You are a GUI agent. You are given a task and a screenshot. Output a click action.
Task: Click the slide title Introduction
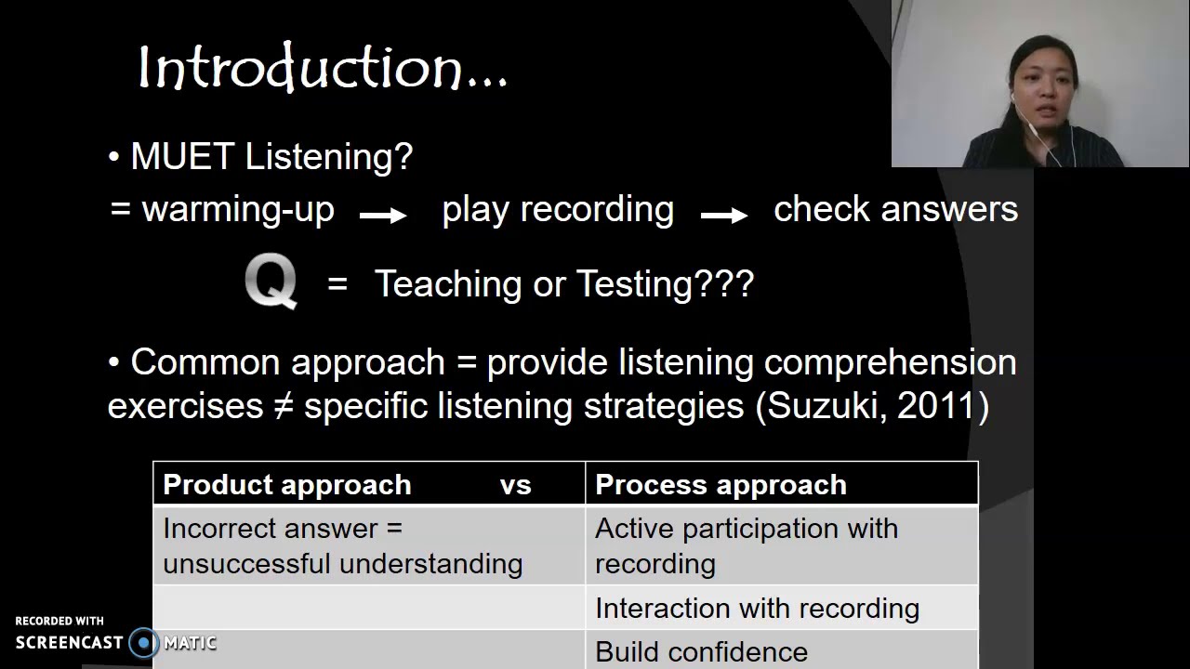[x=322, y=69]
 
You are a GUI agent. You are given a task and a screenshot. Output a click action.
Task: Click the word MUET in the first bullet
[x=182, y=156]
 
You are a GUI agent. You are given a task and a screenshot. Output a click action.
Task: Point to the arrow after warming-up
[x=383, y=216]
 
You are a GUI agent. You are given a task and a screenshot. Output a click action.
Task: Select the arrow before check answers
[x=724, y=216]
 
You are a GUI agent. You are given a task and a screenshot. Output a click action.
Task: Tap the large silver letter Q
[x=271, y=282]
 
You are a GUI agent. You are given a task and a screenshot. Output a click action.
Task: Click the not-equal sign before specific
[x=284, y=407]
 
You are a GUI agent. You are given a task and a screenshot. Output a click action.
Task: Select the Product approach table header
[x=286, y=484]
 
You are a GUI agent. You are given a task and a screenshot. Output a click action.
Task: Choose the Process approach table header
[x=721, y=484]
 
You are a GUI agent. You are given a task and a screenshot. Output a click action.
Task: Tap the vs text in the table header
[x=515, y=484]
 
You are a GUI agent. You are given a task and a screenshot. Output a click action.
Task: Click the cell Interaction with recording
[x=757, y=608]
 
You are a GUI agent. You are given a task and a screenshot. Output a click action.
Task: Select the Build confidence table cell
[x=701, y=651]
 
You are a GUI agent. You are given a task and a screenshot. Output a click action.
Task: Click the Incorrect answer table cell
[x=342, y=545]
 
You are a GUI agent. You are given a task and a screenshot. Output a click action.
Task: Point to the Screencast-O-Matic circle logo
[x=144, y=642]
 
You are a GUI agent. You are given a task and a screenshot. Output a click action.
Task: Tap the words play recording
[x=558, y=209]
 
